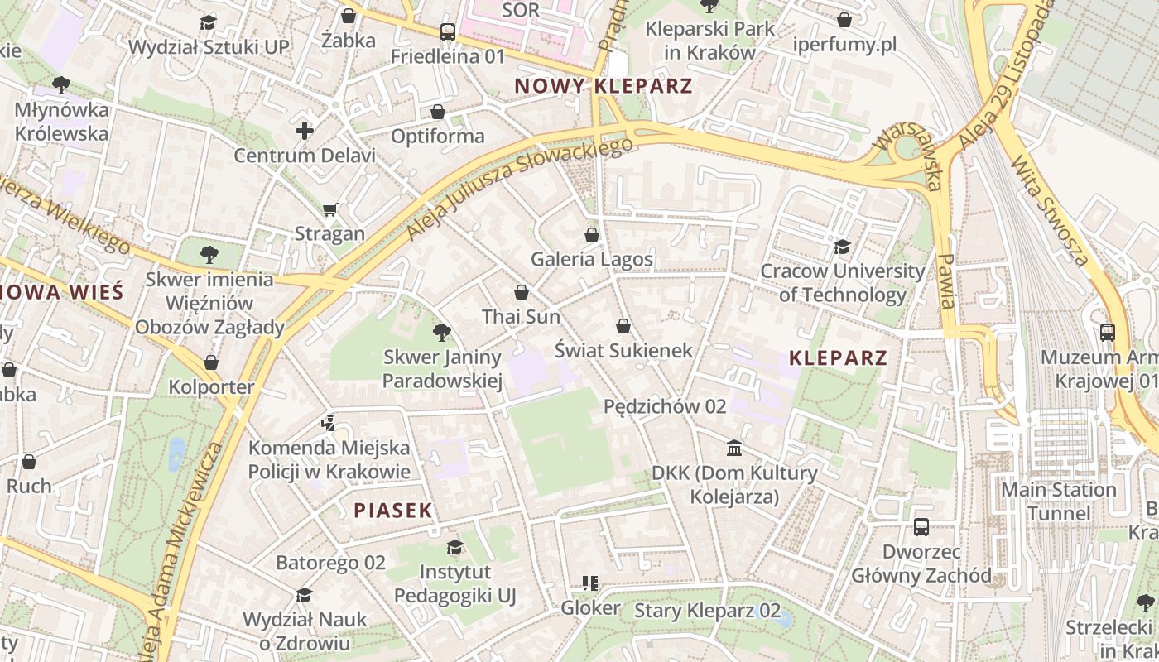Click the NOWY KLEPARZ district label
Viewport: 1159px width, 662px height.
coord(603,85)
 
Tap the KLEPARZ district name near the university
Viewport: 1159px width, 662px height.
coord(838,358)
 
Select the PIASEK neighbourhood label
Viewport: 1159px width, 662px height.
coord(393,511)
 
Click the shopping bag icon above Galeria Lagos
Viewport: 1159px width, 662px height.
coord(592,235)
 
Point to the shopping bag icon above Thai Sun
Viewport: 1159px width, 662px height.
coord(522,292)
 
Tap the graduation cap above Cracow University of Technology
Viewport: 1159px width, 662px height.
coord(842,247)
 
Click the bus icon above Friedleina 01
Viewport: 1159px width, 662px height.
coord(448,32)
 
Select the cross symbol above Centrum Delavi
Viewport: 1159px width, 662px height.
coord(305,131)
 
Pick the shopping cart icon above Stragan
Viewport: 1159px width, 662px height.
coord(330,209)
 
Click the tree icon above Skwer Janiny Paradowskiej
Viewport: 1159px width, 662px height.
coord(442,333)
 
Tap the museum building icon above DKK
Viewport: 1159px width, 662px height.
coord(733,449)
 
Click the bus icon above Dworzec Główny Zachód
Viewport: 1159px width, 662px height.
coord(921,527)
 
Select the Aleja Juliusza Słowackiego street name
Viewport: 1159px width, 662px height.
coord(519,188)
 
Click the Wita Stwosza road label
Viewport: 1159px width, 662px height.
coord(1050,212)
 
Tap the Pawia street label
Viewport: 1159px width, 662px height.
coord(945,281)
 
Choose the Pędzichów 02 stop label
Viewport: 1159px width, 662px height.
coord(665,406)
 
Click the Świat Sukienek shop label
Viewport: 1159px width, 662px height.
coord(623,350)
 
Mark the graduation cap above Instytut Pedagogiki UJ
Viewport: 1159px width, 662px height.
coord(454,547)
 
